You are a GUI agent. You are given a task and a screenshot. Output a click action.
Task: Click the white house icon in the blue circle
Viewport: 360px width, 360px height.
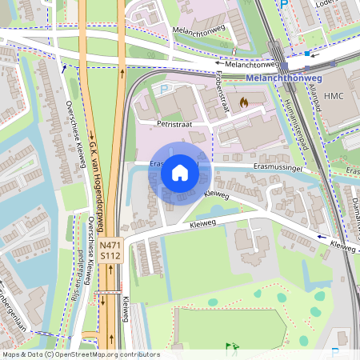[180, 173]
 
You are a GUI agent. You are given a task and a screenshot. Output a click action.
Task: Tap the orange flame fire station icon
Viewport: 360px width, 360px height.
[244, 102]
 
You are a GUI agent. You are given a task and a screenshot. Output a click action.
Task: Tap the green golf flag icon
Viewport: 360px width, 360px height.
[231, 347]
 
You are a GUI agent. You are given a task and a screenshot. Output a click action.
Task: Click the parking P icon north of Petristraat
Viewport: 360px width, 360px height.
[165, 90]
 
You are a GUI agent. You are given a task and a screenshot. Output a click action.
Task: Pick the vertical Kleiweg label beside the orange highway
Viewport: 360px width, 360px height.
[126, 308]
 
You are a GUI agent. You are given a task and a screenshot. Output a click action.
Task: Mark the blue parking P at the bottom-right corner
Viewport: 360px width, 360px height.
[334, 351]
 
